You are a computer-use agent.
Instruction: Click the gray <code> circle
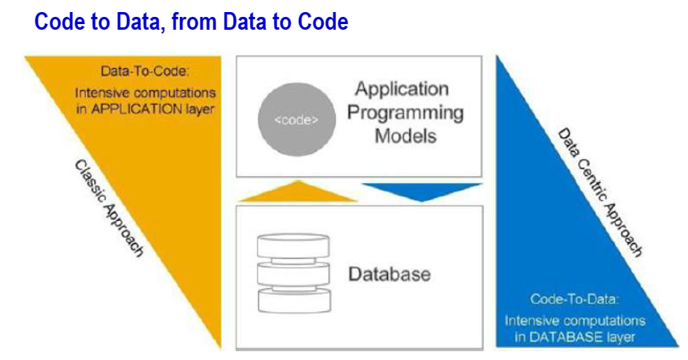point(297,120)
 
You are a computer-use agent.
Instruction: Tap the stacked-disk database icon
point(293,273)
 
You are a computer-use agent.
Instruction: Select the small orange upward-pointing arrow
point(298,191)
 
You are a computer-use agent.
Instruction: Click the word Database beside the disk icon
point(390,274)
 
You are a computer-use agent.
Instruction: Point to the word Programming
point(405,113)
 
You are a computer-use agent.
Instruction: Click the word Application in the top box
point(402,89)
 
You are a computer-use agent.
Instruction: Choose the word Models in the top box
point(405,136)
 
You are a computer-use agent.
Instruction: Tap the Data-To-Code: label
point(145,71)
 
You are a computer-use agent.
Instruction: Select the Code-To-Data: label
point(575,299)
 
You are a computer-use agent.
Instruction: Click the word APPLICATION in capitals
point(137,108)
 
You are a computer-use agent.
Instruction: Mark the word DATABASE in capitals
point(566,337)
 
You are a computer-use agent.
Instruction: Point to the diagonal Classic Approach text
point(109,208)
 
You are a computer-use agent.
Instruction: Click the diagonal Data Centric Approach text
point(600,192)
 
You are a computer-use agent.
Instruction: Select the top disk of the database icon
point(293,247)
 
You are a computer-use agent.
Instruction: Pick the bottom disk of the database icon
point(294,300)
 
